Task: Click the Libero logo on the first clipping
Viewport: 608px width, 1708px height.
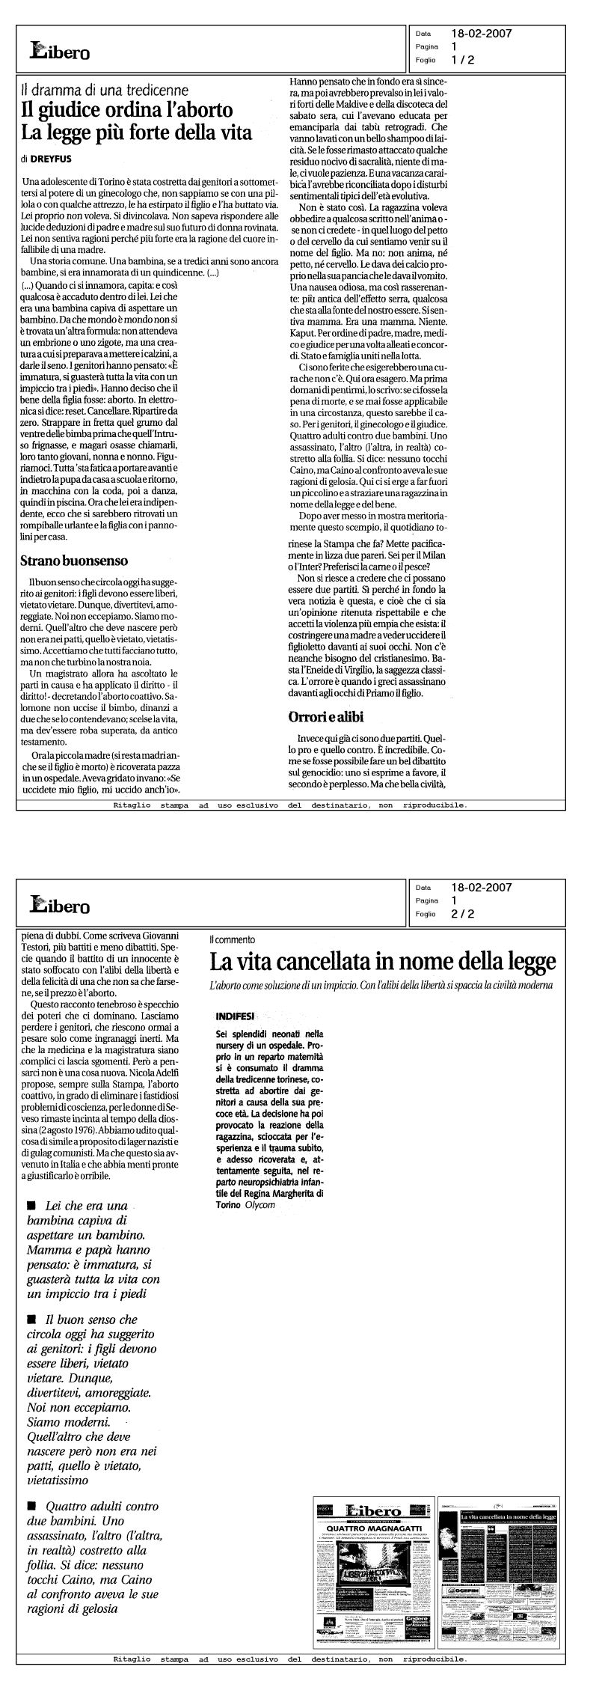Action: click(x=60, y=51)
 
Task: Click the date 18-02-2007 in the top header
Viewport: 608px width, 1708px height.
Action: click(x=482, y=33)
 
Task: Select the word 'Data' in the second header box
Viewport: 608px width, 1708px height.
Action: click(x=423, y=888)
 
